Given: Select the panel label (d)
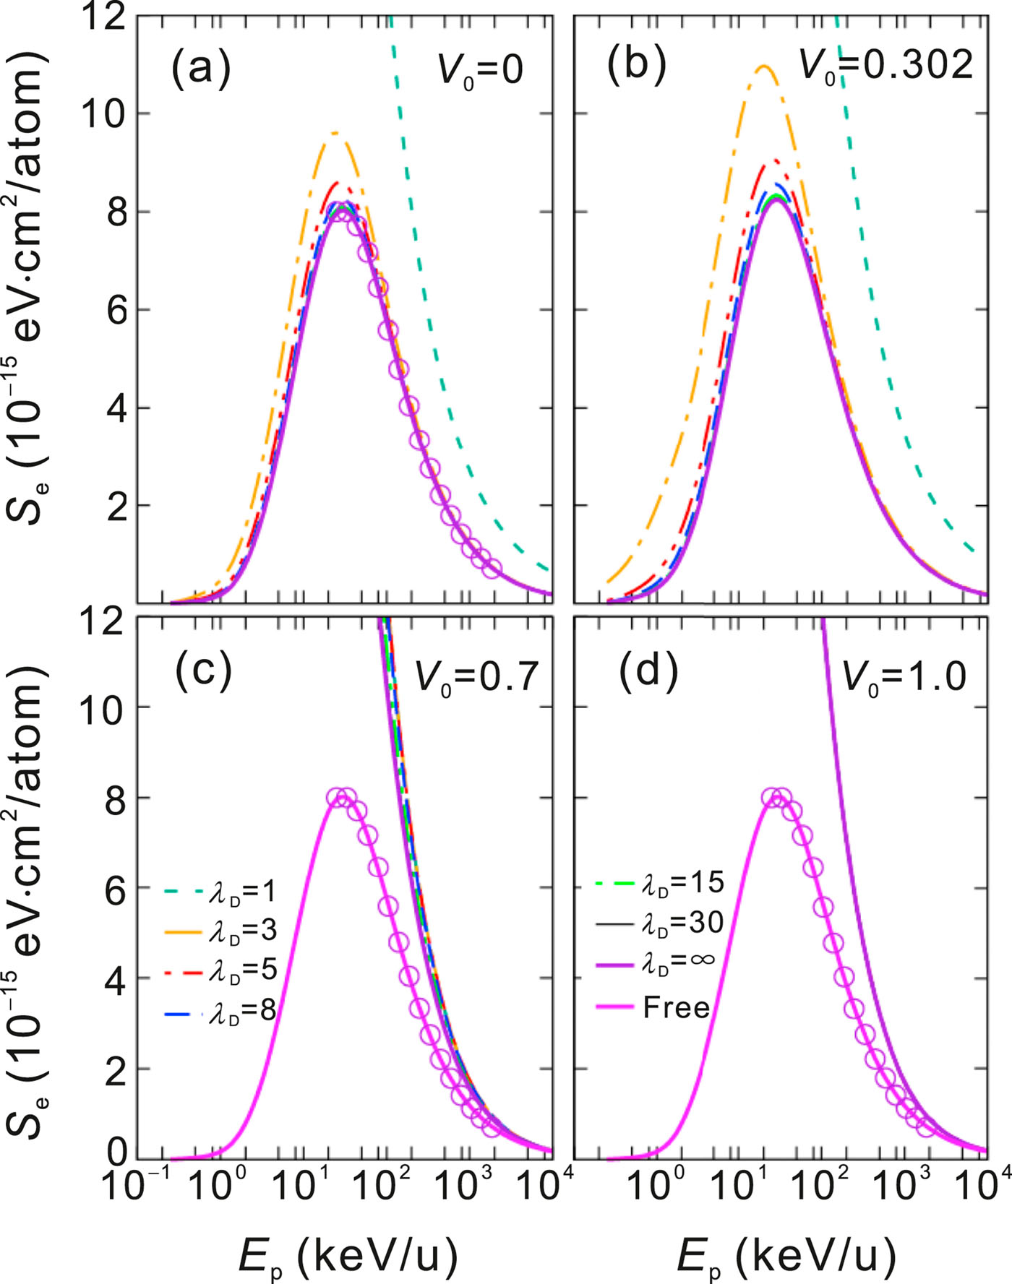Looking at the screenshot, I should tap(648, 671).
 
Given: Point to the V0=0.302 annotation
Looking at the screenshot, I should tap(885, 66).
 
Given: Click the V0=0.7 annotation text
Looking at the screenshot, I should tap(476, 678).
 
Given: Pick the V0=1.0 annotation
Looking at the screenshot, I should tap(904, 678).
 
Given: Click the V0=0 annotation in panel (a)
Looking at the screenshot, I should tap(480, 71).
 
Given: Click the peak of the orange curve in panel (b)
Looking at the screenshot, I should tap(764, 66).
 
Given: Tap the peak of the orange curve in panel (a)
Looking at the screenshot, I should tap(335, 133).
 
